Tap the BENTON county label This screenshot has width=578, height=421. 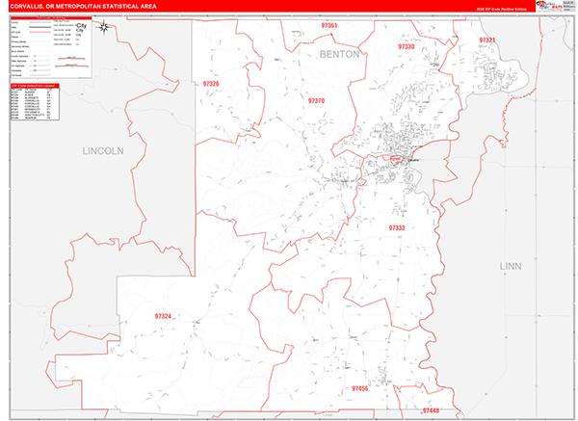[339, 55]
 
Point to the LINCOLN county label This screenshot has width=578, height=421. [103, 151]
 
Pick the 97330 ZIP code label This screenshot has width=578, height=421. [406, 46]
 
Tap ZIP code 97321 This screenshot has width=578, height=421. [486, 40]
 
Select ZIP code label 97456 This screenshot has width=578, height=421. [360, 388]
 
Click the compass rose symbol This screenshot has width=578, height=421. [104, 27]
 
